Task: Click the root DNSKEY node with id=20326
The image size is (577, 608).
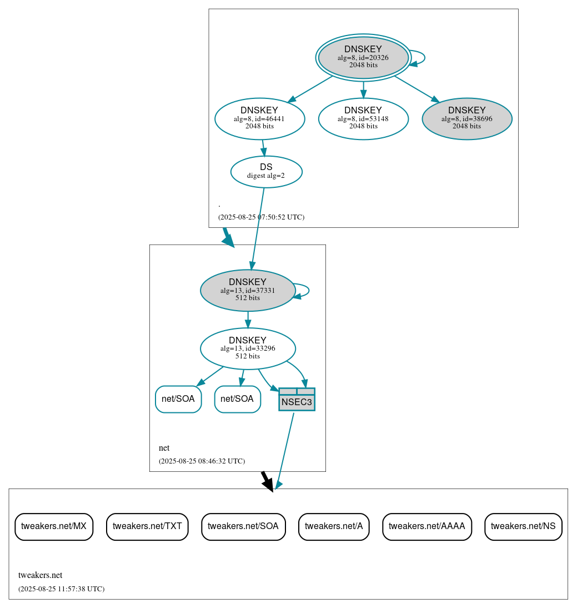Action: point(363,57)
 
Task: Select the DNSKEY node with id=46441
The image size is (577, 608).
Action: point(259,118)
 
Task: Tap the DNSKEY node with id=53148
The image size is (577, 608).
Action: point(363,118)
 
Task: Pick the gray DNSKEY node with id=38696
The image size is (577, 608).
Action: point(466,118)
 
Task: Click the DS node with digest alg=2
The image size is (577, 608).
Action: point(266,172)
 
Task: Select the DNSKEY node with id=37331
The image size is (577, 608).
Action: point(248,290)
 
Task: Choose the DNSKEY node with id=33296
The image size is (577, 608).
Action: point(248,348)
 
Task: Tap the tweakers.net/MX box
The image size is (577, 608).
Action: point(54,526)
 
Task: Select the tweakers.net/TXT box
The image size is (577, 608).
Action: point(147,526)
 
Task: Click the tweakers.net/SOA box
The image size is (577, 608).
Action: point(243,526)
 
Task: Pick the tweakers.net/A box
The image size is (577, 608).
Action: point(333,526)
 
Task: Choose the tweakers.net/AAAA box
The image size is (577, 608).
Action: point(427,526)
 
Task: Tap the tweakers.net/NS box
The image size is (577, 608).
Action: point(523,526)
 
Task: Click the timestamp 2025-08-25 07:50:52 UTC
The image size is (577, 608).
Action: point(261,217)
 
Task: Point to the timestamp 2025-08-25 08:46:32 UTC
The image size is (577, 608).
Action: point(202,461)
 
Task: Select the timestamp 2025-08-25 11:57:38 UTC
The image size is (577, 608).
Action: point(61,589)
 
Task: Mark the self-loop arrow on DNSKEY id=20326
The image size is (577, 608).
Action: point(419,58)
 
